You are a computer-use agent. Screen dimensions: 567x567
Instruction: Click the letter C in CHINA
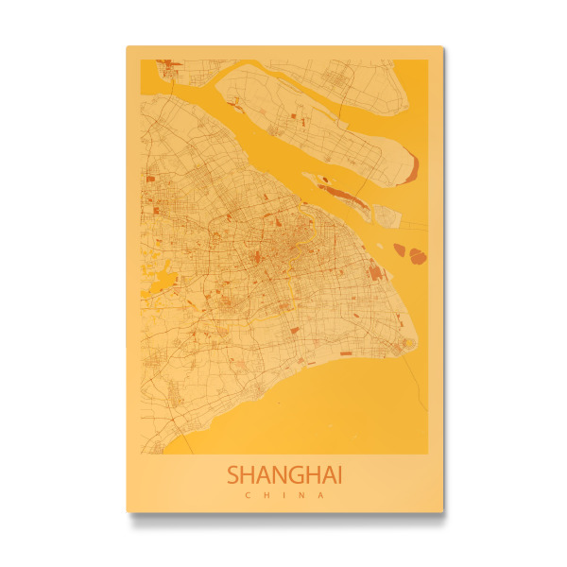pos(247,494)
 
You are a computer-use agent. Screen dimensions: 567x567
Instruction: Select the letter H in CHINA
pos(266,494)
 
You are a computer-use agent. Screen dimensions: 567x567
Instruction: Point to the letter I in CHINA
pos(283,494)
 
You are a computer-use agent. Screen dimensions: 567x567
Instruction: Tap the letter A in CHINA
pos(321,494)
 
